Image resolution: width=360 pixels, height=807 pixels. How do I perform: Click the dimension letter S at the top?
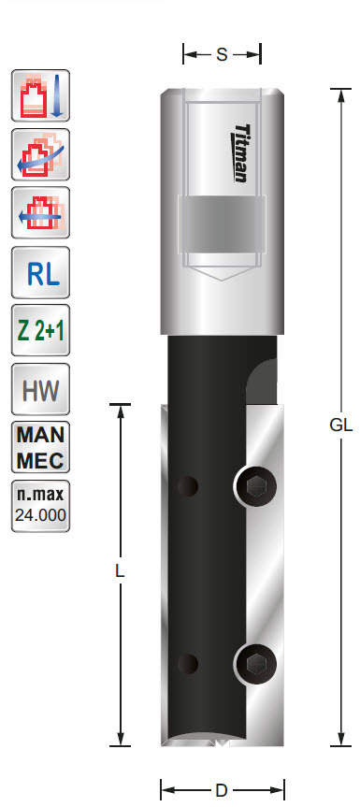(222, 54)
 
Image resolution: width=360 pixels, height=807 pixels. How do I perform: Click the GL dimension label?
(340, 425)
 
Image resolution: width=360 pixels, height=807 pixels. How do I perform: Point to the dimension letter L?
(120, 570)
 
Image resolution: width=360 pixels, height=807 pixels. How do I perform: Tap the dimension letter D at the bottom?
(222, 788)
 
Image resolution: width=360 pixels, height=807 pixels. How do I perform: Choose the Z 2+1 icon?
(41, 331)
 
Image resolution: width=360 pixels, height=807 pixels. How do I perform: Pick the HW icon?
(41, 389)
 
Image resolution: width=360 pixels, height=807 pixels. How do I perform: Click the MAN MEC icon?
(41, 446)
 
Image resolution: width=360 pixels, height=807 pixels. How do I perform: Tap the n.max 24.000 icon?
(41, 504)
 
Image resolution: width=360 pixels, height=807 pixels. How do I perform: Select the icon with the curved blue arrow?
(41, 155)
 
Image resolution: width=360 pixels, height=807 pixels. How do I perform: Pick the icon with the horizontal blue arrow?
(41, 214)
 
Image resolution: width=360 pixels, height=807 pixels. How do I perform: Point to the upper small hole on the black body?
(190, 486)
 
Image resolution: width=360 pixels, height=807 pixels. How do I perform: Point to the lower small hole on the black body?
(190, 663)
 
